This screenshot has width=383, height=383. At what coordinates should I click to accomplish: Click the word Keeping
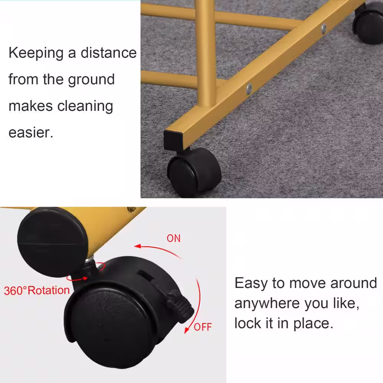pos(36,53)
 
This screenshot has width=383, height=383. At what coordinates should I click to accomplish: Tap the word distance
pos(108,52)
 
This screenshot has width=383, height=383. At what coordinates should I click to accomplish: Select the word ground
pos(91,80)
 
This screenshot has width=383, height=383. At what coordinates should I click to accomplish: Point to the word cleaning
pos(85,106)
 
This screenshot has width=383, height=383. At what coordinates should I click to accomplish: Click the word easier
pos(31,133)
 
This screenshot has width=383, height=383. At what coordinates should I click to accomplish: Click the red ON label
pos(173,238)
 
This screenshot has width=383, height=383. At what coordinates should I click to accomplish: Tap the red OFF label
pos(203,327)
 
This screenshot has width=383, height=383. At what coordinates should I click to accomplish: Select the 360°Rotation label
pos(37,291)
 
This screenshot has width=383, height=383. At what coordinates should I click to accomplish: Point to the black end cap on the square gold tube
pos(173,141)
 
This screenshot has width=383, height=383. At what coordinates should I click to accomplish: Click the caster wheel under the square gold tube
pos(194,172)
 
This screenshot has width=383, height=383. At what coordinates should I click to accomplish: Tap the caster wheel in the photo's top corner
pos(368,23)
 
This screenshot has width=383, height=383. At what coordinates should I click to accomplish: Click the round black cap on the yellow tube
pos(52,242)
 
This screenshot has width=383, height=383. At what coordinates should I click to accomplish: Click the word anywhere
pos(267,304)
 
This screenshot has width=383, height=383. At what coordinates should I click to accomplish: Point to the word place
pos(313,324)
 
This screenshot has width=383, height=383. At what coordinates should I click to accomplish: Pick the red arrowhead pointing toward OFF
pos(187,329)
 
